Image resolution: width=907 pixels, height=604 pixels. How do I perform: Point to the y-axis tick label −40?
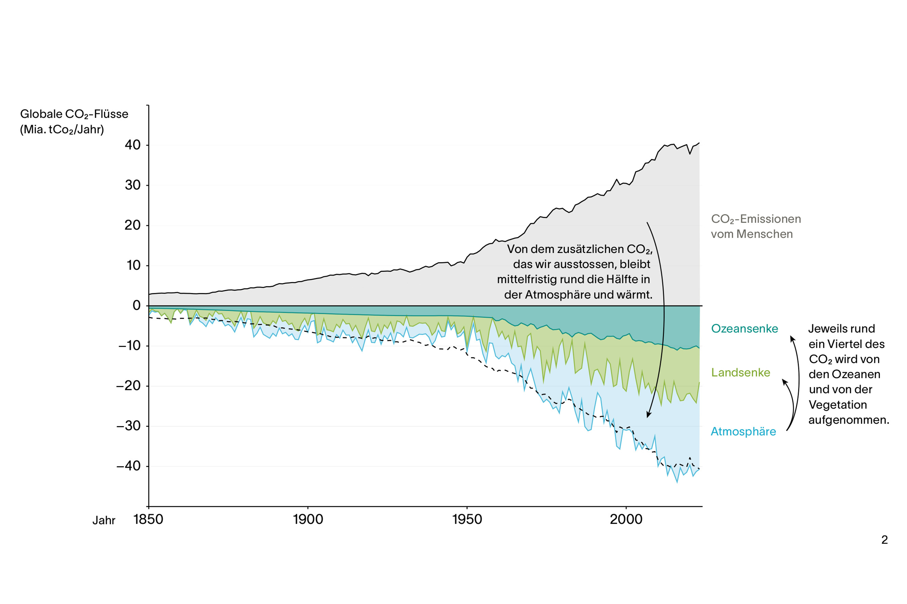(x=128, y=466)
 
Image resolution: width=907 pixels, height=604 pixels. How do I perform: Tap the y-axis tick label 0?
(x=136, y=305)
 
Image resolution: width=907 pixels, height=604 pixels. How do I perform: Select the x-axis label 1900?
(x=308, y=519)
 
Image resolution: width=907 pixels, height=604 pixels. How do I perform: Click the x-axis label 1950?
(x=467, y=519)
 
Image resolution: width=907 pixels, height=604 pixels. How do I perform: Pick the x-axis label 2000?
(x=626, y=519)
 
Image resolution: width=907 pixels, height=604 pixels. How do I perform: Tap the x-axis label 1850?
(x=148, y=519)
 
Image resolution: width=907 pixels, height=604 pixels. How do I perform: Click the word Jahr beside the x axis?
(x=104, y=520)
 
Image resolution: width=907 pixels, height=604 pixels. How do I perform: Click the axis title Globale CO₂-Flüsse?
(x=74, y=114)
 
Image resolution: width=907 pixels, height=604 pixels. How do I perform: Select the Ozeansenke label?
(x=744, y=328)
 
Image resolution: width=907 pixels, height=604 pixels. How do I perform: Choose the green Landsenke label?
(x=740, y=372)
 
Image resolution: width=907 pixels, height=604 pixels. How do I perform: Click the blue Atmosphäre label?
(x=743, y=431)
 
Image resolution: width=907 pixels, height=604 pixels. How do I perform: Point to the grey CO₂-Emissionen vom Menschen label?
(x=756, y=226)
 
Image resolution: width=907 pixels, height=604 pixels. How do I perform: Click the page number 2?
(x=884, y=540)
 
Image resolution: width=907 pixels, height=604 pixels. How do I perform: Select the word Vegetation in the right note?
(x=838, y=405)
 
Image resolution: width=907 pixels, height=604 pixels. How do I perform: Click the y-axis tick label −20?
(x=128, y=386)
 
